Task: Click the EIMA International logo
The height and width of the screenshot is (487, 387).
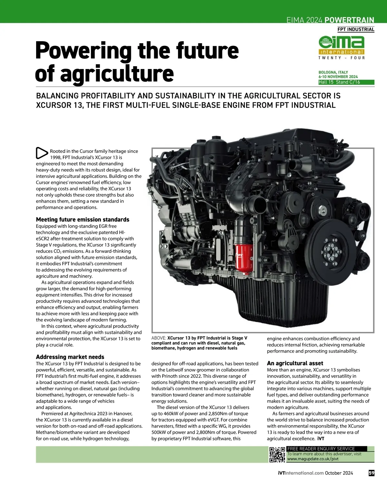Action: click(x=342, y=47)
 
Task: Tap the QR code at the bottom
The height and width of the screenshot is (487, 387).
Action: click(x=277, y=454)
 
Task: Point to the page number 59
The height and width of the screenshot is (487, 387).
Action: click(x=371, y=473)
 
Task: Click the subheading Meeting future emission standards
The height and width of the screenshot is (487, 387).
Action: click(x=83, y=220)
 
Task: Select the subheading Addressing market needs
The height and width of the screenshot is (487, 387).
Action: click(x=70, y=357)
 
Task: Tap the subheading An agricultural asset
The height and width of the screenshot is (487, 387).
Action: click(x=295, y=363)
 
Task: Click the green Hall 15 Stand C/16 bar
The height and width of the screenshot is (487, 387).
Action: click(x=346, y=82)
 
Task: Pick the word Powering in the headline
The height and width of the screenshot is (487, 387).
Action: click(x=83, y=51)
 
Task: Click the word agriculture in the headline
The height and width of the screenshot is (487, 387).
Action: click(x=117, y=74)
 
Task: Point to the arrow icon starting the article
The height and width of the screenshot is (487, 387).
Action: click(x=42, y=153)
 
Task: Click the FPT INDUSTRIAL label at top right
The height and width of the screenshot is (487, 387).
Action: click(x=356, y=29)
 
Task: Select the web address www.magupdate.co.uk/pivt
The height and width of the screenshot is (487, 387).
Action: click(x=313, y=459)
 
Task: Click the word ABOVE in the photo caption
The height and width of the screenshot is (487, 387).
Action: click(x=158, y=338)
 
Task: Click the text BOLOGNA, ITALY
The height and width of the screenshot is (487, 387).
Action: click(x=333, y=72)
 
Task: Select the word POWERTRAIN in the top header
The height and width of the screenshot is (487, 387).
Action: click(x=349, y=20)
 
